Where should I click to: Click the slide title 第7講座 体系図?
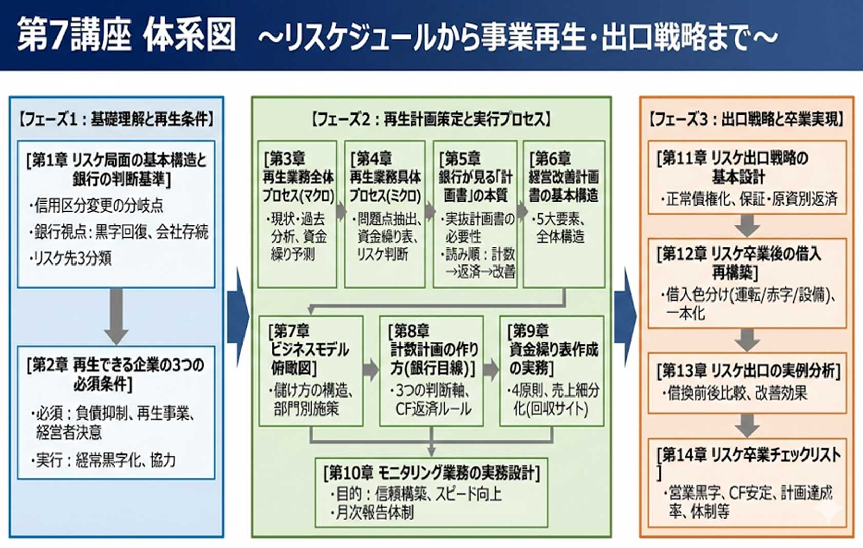coord(126,35)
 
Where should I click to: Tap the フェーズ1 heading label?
coord(116,119)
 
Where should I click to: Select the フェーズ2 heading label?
coord(431,119)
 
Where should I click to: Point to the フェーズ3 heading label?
coord(746,119)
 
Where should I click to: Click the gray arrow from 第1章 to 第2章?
coord(117,316)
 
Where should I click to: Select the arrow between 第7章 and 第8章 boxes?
coord(370,370)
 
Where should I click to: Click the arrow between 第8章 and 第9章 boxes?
coord(491,370)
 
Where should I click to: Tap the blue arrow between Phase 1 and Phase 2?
coord(237,316)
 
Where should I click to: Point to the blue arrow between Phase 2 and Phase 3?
coord(625,316)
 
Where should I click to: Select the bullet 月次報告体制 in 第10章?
coord(374,513)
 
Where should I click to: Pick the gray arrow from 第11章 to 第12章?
coord(747,225)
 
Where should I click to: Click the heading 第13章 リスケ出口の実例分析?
coord(748,370)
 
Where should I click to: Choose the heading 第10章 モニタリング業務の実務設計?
coord(431,473)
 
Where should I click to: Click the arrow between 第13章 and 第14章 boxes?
coord(747,425)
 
